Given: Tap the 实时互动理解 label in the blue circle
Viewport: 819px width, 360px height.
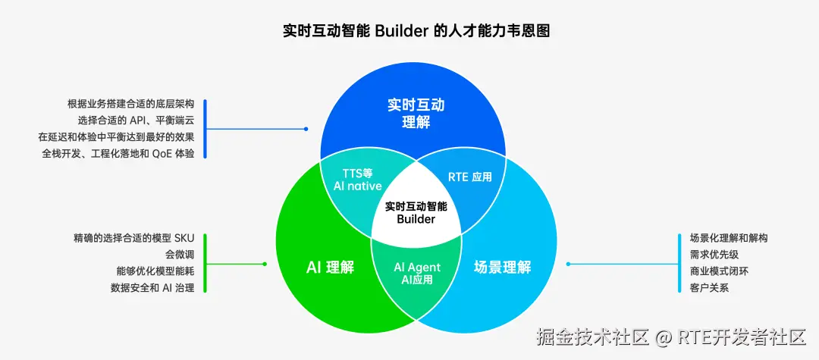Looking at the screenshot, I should tap(415, 113).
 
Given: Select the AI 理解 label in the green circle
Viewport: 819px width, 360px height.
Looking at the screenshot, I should tap(330, 268).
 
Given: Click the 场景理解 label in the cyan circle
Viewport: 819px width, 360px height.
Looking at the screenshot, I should tap(502, 268).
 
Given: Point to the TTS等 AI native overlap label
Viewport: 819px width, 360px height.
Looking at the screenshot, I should tap(357, 179).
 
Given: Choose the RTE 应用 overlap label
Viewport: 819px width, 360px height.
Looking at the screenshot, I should tap(469, 177).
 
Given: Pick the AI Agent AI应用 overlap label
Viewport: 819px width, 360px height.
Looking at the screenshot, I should tap(416, 274).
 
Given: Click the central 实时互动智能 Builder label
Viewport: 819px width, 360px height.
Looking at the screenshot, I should tap(416, 212).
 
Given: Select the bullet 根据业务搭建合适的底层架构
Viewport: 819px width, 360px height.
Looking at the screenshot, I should tap(130, 104).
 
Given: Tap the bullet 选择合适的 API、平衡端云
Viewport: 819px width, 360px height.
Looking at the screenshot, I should tap(136, 121).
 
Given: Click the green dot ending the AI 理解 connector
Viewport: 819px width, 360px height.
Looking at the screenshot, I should tap(265, 264).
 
